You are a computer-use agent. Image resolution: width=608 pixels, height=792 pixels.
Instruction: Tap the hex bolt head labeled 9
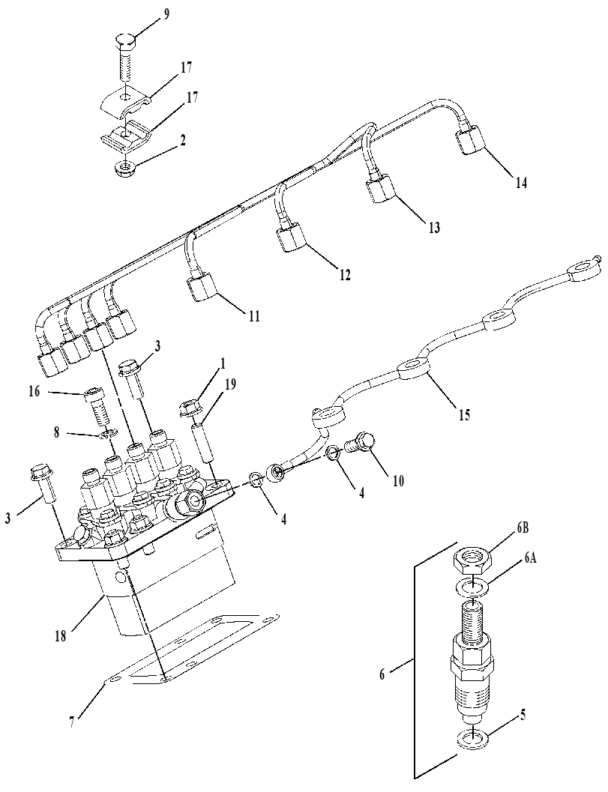click(x=126, y=40)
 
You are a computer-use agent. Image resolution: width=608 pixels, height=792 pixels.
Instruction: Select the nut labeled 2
click(x=121, y=169)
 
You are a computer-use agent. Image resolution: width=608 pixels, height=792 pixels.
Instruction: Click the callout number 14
click(x=521, y=183)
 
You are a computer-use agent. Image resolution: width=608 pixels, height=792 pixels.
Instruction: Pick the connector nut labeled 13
click(x=380, y=190)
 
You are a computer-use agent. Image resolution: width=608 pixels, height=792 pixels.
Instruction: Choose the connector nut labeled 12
click(x=290, y=238)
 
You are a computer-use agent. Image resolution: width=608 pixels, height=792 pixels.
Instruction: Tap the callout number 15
click(x=463, y=414)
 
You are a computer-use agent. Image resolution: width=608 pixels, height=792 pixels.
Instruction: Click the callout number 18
click(x=60, y=636)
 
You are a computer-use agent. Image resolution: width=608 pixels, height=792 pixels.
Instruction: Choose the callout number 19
click(x=230, y=385)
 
